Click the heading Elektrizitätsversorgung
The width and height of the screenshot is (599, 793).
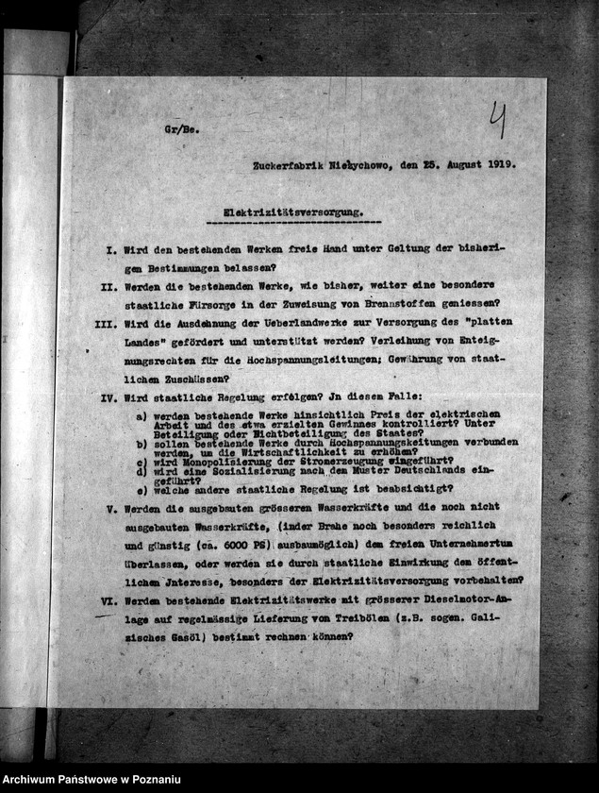point(293,213)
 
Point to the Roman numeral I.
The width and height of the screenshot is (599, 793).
point(110,249)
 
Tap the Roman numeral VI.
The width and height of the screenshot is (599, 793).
point(108,599)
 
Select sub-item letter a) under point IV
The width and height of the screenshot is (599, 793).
point(141,415)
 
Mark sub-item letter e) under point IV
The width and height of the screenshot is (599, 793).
point(141,489)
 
